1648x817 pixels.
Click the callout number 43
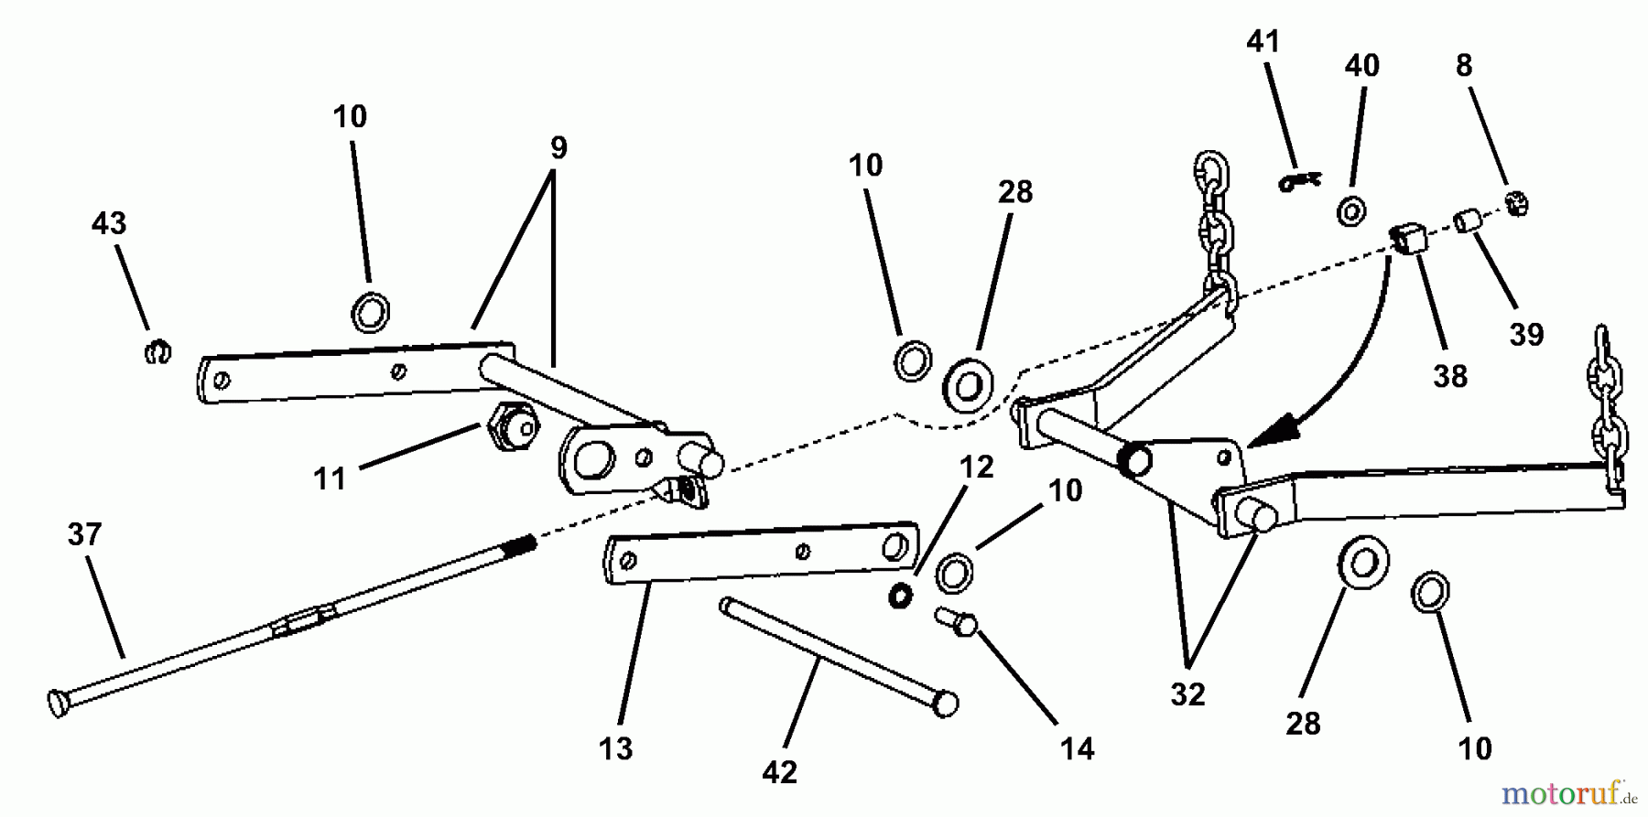109,222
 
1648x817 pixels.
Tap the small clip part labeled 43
157,351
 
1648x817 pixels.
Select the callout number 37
84,534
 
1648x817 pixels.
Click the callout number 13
615,749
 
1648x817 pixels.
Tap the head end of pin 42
945,704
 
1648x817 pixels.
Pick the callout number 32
1187,694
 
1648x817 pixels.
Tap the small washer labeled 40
1350,211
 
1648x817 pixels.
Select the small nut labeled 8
1516,203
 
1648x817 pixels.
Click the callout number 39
1526,334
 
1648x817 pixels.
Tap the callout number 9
558,147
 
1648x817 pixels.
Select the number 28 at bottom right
1303,724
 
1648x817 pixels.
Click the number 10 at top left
350,116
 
